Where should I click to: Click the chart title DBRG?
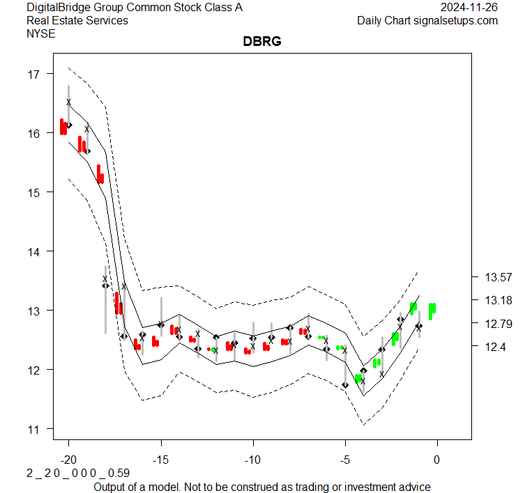pos(261,42)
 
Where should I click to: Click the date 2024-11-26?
pos(469,8)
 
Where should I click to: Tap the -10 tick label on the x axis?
pos(252,460)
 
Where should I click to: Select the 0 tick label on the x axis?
pos(437,460)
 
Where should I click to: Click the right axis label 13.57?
pos(498,277)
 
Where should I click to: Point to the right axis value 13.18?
pos(498,300)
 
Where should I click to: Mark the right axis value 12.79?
pos(498,323)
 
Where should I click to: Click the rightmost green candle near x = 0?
pos(432,311)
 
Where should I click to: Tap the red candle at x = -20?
pos(63,127)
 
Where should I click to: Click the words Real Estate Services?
pos(77,20)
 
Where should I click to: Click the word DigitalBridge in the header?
pos(59,8)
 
